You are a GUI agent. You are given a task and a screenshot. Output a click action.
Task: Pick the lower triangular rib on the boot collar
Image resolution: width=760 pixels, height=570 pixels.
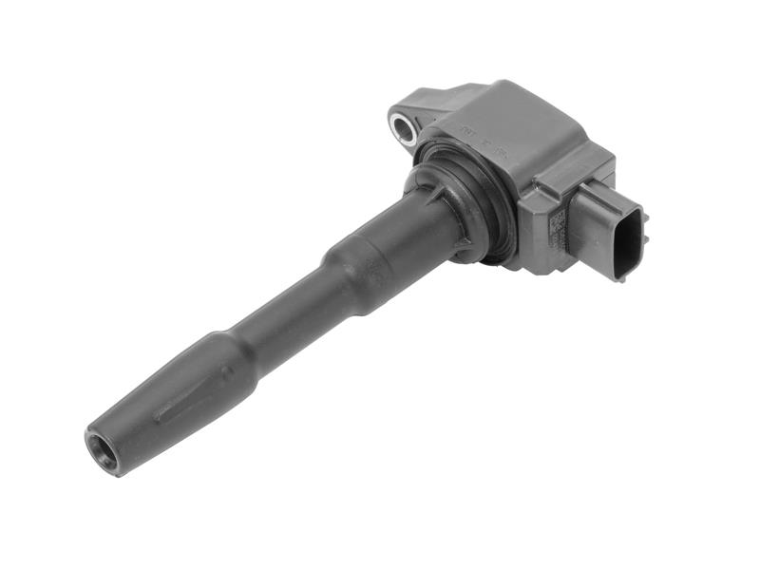[463, 249]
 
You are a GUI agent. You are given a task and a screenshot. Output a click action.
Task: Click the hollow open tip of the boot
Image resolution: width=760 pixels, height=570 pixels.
[102, 451]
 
